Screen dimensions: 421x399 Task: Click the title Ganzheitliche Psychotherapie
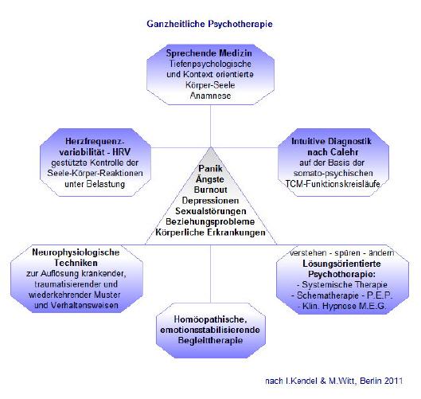tap(209, 24)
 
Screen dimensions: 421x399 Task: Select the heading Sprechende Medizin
tap(209, 53)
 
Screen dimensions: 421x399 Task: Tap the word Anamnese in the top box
tap(210, 96)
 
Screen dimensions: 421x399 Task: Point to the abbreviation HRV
tap(121, 152)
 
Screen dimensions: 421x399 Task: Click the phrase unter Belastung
tap(95, 184)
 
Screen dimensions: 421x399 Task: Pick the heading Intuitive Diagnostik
tap(331, 141)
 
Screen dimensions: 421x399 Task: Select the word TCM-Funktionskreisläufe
tap(333, 184)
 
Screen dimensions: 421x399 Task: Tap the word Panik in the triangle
tap(210, 169)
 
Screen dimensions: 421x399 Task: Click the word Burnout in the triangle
tap(210, 190)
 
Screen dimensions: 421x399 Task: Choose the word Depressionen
tap(210, 201)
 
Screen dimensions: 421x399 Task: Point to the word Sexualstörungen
tap(210, 211)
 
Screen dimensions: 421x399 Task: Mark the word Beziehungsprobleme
tap(210, 222)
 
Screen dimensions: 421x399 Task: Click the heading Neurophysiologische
tap(76, 252)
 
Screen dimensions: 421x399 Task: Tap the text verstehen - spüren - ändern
tap(341, 252)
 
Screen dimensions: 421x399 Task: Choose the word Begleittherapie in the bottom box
tap(210, 340)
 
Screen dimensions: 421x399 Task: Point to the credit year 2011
tap(393, 381)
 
